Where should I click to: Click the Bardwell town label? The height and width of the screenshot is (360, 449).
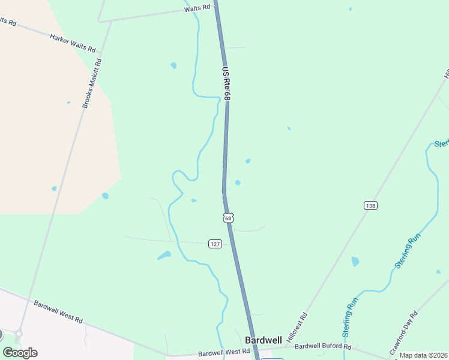click(263, 340)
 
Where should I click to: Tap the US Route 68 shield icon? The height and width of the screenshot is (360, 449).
click(228, 218)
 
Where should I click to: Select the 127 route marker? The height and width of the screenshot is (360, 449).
click(215, 244)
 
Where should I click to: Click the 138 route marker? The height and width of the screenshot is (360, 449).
click(370, 206)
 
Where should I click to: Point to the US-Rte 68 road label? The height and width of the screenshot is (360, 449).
click(226, 82)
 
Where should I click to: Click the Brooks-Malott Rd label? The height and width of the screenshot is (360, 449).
click(92, 83)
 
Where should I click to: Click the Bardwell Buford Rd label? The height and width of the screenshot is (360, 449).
click(322, 346)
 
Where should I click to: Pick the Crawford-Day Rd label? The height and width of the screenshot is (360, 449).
click(406, 324)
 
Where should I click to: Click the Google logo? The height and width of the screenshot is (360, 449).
click(20, 353)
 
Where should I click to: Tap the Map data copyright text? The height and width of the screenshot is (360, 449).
click(424, 355)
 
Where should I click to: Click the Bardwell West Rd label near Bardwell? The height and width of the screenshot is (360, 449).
click(223, 351)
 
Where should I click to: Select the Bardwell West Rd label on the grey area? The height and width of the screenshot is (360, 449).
click(58, 311)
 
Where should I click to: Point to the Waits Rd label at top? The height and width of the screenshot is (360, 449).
click(197, 7)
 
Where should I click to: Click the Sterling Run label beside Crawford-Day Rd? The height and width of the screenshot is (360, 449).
click(408, 250)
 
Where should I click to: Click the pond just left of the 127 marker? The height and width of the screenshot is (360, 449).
click(164, 256)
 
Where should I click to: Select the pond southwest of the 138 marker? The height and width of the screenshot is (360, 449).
click(355, 262)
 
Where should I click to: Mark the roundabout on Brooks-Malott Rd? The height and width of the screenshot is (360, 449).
click(19, 334)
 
